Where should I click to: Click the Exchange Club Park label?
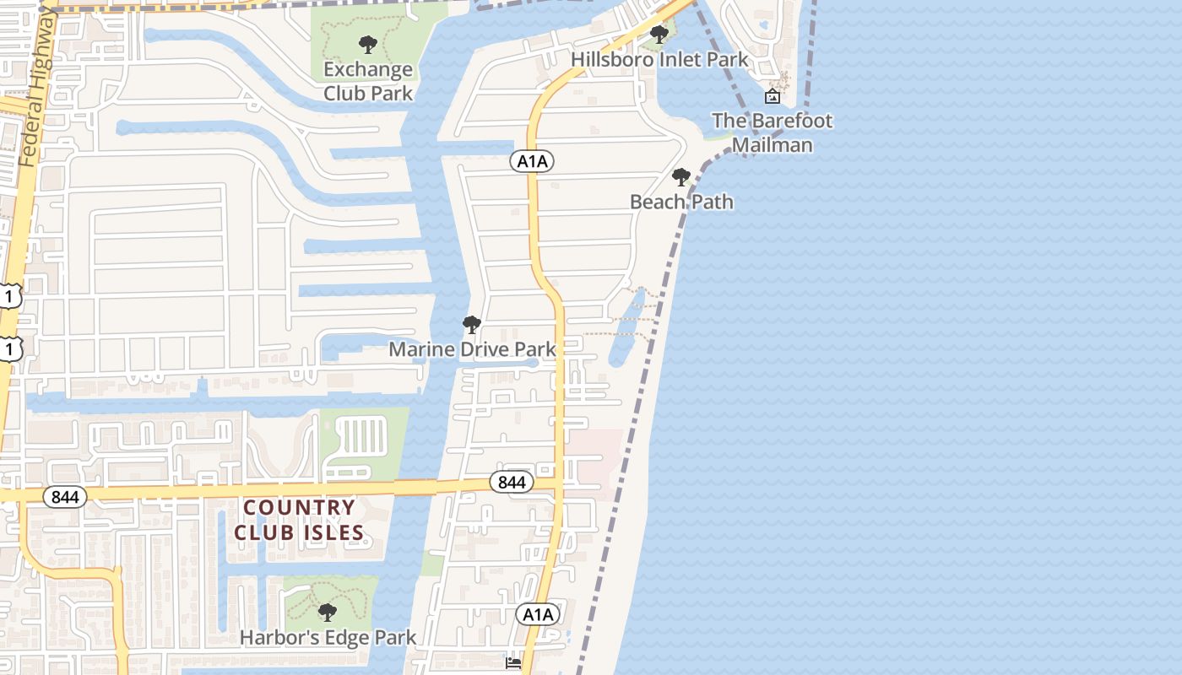click(x=368, y=81)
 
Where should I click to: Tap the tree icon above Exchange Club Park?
click(x=367, y=44)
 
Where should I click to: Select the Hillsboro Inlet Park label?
click(x=659, y=59)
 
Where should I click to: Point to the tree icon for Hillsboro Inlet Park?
click(x=659, y=35)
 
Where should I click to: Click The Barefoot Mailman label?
click(x=772, y=132)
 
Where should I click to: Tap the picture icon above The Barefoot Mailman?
click(x=772, y=96)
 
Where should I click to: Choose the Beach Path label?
click(x=681, y=202)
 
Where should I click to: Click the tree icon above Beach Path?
click(x=680, y=177)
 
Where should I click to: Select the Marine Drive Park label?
click(x=472, y=348)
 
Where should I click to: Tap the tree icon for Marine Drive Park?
click(x=472, y=325)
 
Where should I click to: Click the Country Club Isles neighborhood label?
click(x=299, y=520)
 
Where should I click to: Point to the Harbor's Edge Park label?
click(x=328, y=637)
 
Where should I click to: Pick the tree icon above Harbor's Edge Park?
click(x=328, y=613)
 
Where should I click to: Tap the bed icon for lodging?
click(x=513, y=662)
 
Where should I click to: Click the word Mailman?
click(x=772, y=144)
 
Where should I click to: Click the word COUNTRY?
click(x=299, y=508)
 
